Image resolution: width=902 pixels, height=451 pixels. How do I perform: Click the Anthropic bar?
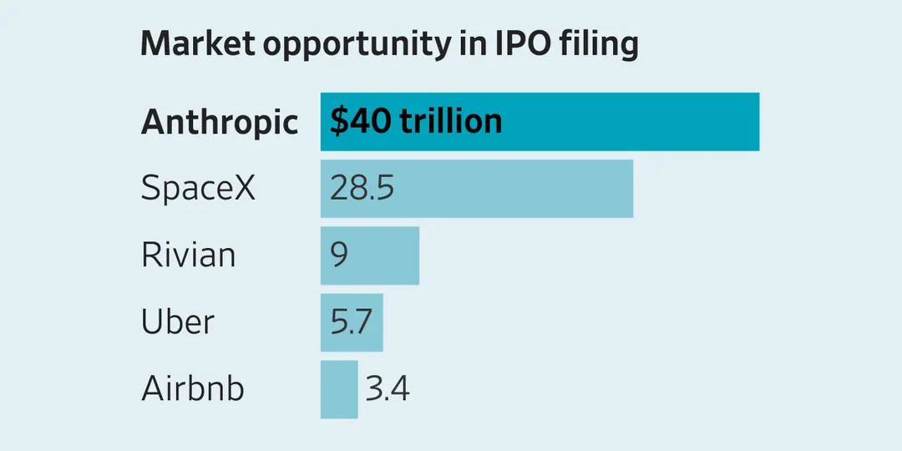tap(540, 121)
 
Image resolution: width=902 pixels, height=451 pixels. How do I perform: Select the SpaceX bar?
tap(477, 189)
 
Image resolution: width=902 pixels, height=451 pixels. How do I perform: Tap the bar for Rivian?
tap(370, 256)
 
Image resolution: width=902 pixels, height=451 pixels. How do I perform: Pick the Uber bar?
tap(352, 322)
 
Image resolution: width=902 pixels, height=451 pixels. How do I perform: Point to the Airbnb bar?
tap(339, 389)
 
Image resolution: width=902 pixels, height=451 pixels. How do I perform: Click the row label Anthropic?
tap(220, 123)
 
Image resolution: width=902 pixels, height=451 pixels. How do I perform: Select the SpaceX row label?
tap(198, 189)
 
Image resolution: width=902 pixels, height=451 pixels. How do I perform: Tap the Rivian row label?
tap(188, 256)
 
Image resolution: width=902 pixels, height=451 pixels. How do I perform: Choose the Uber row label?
tap(178, 322)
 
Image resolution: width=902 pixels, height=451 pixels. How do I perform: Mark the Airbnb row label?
tap(193, 389)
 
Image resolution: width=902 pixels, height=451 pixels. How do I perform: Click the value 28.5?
tap(362, 189)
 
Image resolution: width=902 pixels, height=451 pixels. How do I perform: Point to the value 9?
tap(339, 256)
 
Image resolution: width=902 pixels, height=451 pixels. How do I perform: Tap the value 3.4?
tap(388, 389)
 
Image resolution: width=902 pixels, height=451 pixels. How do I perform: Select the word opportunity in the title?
tap(355, 46)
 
